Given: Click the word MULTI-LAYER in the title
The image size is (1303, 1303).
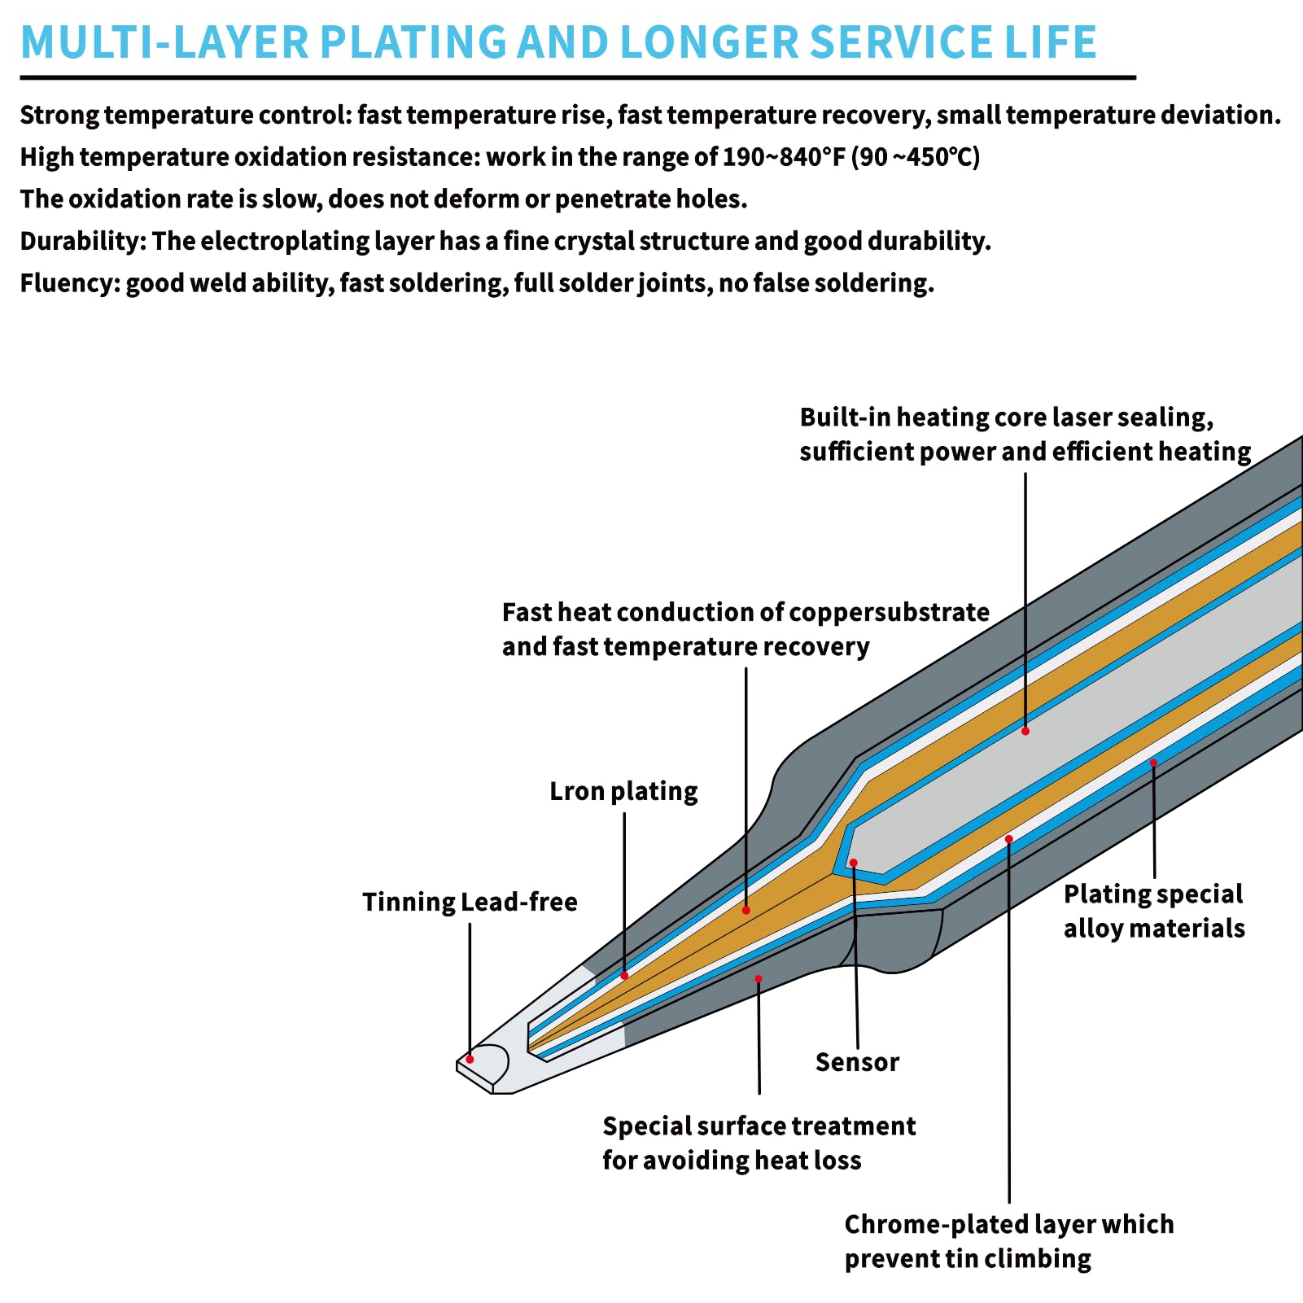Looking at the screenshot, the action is [164, 42].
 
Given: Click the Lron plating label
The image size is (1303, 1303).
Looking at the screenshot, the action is [623, 791].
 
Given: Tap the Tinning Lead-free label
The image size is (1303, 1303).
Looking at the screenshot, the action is [470, 902].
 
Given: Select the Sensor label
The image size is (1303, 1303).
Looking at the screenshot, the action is [857, 1062].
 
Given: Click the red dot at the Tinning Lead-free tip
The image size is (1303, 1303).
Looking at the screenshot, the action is [470, 1059].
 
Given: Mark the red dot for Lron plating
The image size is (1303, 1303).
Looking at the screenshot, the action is [624, 975].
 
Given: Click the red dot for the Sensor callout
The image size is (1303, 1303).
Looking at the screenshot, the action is [853, 863].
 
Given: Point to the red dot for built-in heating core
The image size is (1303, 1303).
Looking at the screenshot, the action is [1025, 731].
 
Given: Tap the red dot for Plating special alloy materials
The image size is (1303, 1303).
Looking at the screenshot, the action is [1153, 763].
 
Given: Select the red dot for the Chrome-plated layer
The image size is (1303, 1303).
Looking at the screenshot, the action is [1008, 839].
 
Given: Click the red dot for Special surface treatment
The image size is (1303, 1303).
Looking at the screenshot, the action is [758, 979].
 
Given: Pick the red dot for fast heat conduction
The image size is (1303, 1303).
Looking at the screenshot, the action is [746, 910].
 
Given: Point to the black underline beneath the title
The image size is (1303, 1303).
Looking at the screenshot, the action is [578, 77].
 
